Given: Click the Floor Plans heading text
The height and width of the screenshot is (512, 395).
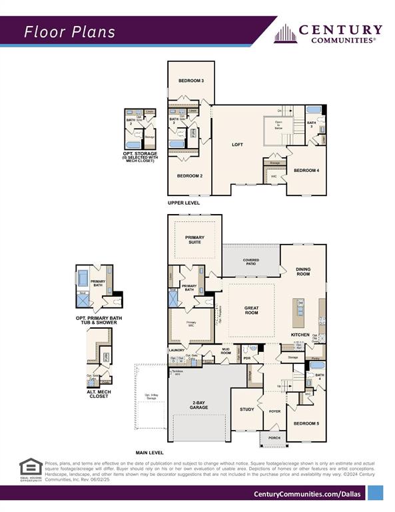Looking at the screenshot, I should pos(69,31).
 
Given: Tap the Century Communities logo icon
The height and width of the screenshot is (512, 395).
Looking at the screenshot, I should pos(284,34).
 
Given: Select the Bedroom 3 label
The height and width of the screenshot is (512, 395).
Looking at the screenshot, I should pos(191,81).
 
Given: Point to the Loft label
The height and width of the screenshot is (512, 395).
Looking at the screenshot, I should pos(237,145).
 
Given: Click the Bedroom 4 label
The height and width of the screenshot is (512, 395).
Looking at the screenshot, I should pos(306,171).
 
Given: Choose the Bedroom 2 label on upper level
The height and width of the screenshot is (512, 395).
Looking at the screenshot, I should pos(190,176).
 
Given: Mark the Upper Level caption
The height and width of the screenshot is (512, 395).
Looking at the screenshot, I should pos(183,203).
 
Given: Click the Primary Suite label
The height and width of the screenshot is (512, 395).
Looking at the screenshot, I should pos(195,240).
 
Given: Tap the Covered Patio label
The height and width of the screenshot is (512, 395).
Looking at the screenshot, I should pos(251,262).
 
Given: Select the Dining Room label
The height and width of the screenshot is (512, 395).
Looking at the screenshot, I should pos(303,271).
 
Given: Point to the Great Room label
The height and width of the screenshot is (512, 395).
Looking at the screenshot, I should pos(250,309).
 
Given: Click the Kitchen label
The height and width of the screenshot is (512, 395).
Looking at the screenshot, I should pos(300,334).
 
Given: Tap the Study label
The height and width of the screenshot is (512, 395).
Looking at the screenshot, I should pos(246,409).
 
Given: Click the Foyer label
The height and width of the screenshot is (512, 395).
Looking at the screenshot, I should pos(274,411).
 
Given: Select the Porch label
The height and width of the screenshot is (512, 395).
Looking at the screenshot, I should pos(274,438).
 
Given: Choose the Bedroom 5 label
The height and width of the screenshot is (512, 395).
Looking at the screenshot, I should pos(305,423).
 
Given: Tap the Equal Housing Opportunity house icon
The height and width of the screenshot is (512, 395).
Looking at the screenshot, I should pos(30,466).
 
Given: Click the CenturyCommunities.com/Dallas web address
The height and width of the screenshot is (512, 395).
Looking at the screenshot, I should pos(307,493).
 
